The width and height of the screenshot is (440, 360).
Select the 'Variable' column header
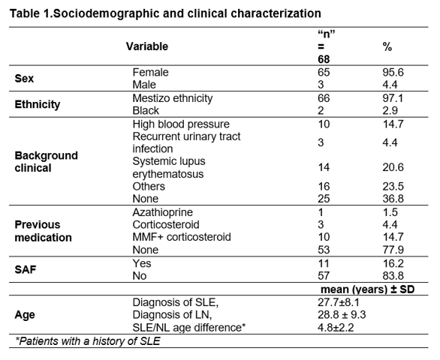[x=147, y=46]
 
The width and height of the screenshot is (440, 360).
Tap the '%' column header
[x=387, y=47]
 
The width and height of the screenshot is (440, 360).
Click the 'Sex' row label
[x=24, y=79]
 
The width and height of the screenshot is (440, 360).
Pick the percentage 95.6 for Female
[x=393, y=72]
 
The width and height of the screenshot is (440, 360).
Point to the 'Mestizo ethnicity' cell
[x=173, y=98]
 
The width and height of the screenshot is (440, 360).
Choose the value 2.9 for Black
[x=390, y=110]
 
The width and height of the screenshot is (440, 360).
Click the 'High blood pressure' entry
[x=181, y=124]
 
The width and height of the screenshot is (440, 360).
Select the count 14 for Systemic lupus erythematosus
[x=324, y=167]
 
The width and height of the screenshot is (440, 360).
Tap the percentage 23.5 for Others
[x=393, y=187]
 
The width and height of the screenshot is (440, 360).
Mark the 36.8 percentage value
[x=393, y=199]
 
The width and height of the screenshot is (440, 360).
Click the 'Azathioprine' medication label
[x=163, y=212]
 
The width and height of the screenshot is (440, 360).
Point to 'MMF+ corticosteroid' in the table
[x=182, y=237]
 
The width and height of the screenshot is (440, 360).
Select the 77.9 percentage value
[x=393, y=250]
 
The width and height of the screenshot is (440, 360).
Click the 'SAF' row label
[x=26, y=270]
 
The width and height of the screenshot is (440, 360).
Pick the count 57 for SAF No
[x=324, y=276]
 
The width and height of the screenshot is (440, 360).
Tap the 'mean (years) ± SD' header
[x=368, y=289]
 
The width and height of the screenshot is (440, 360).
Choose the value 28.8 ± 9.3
[x=342, y=315]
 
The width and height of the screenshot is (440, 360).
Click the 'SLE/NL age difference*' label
[x=189, y=328]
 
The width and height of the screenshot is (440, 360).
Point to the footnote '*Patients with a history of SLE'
[x=88, y=341]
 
